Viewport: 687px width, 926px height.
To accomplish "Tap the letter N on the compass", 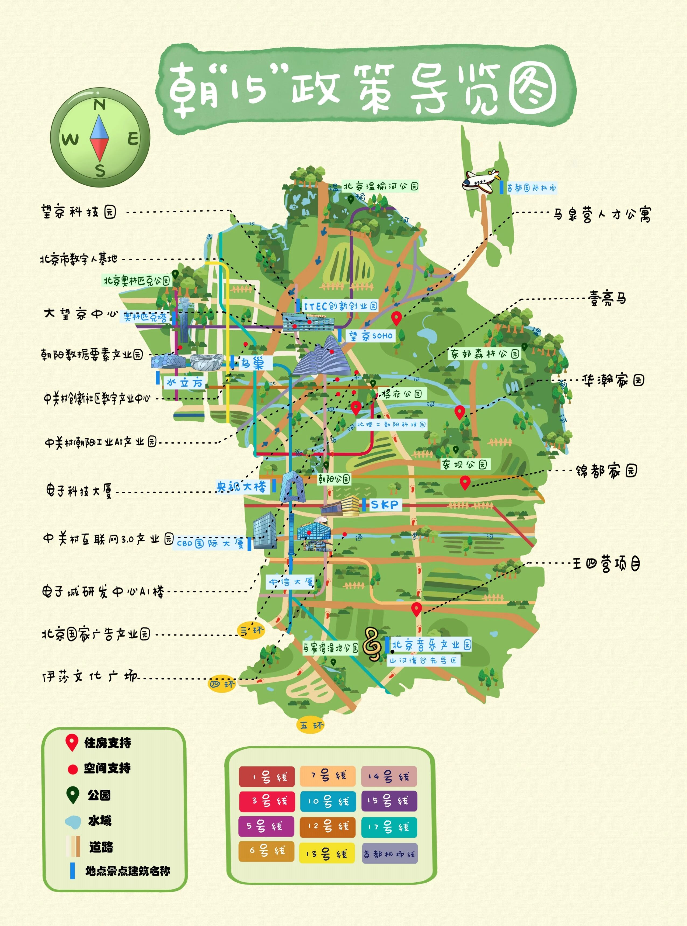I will (x=100, y=105).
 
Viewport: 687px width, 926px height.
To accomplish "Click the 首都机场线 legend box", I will (x=389, y=854).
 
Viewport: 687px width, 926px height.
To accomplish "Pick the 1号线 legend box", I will (x=267, y=777).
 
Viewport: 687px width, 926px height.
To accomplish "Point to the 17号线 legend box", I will (x=389, y=827).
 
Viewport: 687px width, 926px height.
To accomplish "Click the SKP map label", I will (x=384, y=505).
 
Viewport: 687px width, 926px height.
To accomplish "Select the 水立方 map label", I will (x=184, y=382).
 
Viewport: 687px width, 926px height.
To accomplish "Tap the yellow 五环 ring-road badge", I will (x=311, y=725).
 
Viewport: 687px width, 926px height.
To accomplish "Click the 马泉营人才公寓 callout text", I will (x=602, y=215).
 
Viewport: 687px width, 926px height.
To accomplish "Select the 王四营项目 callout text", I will (x=606, y=564).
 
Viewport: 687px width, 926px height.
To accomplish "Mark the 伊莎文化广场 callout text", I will (x=89, y=677).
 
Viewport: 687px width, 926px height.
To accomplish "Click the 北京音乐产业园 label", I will (x=431, y=645).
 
